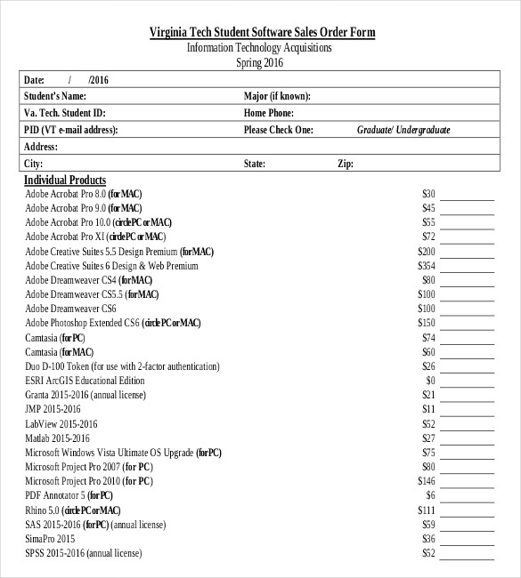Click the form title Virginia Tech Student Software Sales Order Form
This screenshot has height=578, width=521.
(x=261, y=33)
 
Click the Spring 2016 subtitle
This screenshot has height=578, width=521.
(x=260, y=63)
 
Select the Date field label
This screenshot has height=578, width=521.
(x=34, y=80)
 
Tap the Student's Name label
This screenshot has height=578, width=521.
(x=55, y=96)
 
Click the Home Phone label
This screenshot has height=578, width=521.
(x=268, y=113)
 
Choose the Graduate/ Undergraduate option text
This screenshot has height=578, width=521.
(x=403, y=130)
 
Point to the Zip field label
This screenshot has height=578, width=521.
(x=345, y=164)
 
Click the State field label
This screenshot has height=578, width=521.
(x=255, y=164)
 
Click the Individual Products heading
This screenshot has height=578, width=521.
(x=65, y=181)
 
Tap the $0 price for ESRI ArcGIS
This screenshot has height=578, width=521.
(x=429, y=381)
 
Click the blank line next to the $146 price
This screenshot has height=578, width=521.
(x=468, y=481)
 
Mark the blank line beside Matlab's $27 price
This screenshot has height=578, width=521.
(x=468, y=438)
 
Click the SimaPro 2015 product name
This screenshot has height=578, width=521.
(x=50, y=539)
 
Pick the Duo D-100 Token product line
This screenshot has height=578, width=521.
(x=122, y=366)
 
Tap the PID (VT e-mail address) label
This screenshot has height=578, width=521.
(x=71, y=130)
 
